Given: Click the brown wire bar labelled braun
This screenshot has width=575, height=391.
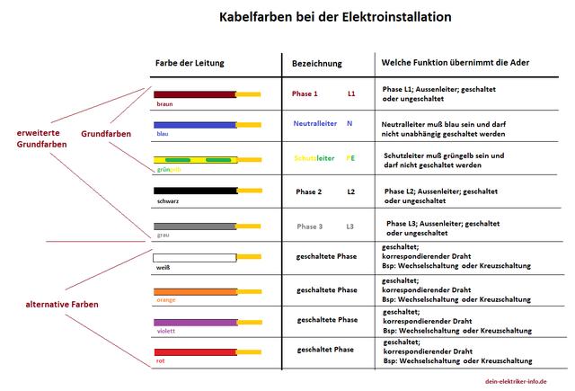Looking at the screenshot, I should point(194,93).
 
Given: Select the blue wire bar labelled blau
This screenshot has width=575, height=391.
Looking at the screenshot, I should point(194,125).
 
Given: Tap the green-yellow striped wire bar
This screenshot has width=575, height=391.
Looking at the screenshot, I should point(194,159).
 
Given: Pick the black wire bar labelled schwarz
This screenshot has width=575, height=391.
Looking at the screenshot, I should point(194,191).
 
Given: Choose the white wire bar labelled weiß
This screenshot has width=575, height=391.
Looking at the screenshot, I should point(194,258).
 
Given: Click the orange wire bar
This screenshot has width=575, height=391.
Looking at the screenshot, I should point(194,291).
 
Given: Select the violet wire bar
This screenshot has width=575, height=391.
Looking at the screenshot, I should point(194,321).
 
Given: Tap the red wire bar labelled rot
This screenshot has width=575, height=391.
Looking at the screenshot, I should point(194,351).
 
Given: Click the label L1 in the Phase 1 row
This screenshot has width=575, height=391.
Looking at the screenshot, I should point(351,93).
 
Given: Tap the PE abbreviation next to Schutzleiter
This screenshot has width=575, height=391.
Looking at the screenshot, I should point(350,157).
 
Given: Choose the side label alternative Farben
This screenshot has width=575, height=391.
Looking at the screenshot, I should point(62,304).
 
